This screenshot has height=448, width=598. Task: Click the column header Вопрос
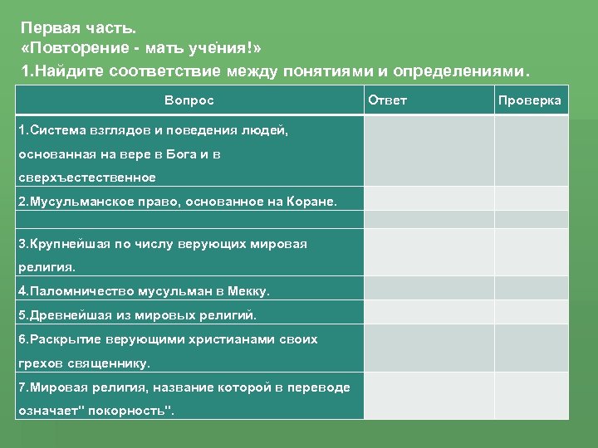pos(189,100)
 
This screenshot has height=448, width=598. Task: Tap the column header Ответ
pos(387,100)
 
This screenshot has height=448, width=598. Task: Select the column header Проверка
pos(529,100)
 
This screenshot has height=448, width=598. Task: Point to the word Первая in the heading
pos(48,27)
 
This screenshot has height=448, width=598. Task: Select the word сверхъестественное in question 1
pos(87,177)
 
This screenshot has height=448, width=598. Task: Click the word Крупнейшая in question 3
pos(63,244)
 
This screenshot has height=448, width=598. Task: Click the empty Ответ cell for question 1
pos(429,150)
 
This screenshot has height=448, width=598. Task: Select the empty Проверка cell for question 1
pos(532,150)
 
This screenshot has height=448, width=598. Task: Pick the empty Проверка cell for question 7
pos(532,397)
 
